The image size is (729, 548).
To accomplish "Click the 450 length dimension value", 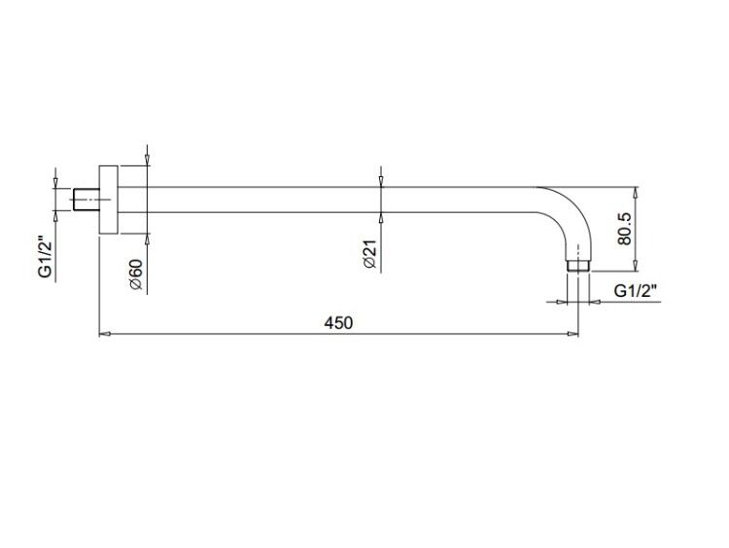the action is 338,322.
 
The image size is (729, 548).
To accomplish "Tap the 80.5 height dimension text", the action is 624,229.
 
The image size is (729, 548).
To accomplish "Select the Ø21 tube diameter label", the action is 369,254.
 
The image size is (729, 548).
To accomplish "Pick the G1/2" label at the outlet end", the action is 635,291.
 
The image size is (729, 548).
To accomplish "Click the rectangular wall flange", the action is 108,200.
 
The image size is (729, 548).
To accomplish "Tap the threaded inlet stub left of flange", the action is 87,200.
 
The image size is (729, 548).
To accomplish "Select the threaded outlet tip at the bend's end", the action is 578,266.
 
